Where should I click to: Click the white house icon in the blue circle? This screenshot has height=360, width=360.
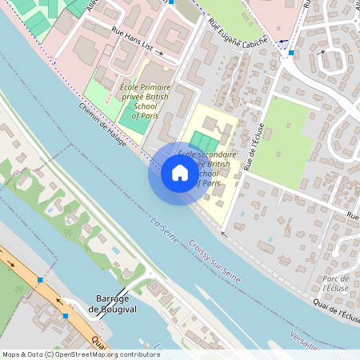pyautogui.click(x=180, y=172)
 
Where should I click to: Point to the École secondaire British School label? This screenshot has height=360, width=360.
pyautogui.click(x=207, y=168)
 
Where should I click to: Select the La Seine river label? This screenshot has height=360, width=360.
pyautogui.click(x=164, y=228)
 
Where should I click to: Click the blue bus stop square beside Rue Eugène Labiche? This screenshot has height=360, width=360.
pyautogui.click(x=291, y=54)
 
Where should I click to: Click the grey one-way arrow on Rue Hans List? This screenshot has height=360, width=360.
pyautogui.click(x=159, y=54)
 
